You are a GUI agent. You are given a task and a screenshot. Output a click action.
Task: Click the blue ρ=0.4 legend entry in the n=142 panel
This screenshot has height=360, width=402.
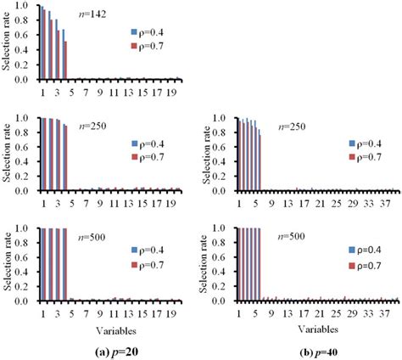pos(147,31)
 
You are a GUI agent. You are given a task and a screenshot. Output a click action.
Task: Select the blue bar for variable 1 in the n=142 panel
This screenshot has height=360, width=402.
pos(41,42)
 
